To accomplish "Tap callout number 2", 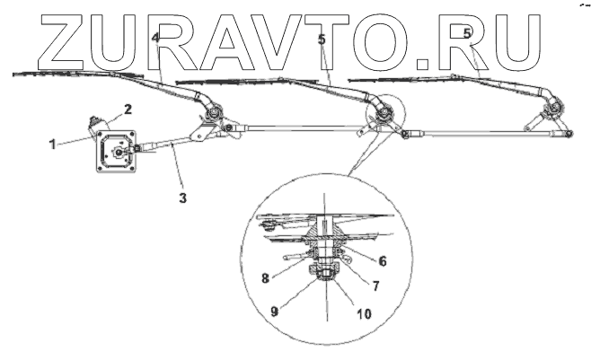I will (128, 110).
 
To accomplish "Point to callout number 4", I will (155, 38).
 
